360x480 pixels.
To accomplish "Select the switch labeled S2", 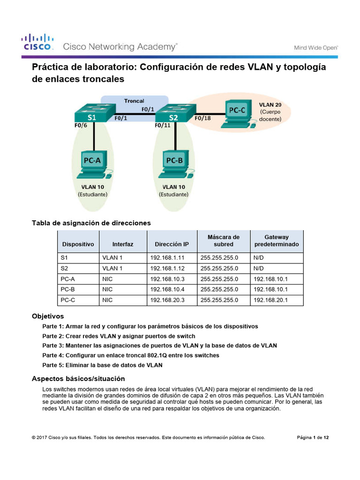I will point(174,113).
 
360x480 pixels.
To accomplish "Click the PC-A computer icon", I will point(94,164).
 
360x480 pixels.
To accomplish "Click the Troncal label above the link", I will point(134,101).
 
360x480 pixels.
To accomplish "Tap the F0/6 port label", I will point(81,126).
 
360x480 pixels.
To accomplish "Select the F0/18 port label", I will point(202,118).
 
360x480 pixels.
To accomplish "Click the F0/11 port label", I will point(163,126).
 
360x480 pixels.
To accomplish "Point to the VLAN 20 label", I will point(270,105).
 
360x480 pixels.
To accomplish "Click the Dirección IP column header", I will point(172,244).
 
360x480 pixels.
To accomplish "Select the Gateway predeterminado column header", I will point(277,241).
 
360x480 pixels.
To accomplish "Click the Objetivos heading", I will point(47,316).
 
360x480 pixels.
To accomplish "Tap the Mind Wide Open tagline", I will point(316,47).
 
